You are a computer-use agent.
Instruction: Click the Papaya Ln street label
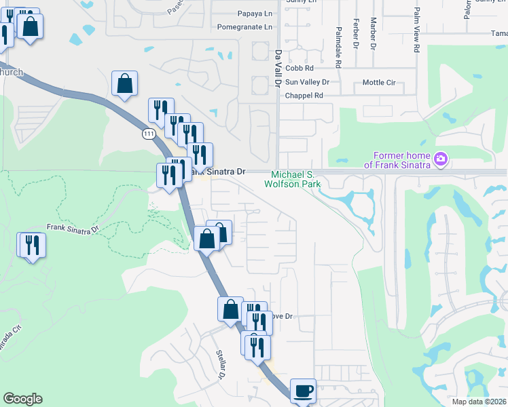pyautogui.click(x=254, y=14)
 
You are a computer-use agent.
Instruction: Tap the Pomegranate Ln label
pyautogui.click(x=244, y=27)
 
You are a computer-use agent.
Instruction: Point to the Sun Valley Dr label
pyautogui.click(x=307, y=82)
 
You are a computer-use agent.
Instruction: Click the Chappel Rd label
pyautogui.click(x=304, y=96)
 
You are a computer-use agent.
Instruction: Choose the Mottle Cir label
pyautogui.click(x=379, y=82)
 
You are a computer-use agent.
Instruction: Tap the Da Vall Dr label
pyautogui.click(x=278, y=67)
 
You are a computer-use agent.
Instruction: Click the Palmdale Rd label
pyautogui.click(x=338, y=42)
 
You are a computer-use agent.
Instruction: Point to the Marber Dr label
pyautogui.click(x=373, y=34)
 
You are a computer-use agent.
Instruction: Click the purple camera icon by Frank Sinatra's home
pyautogui.click(x=441, y=159)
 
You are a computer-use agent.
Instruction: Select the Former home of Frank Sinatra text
pyautogui.click(x=398, y=160)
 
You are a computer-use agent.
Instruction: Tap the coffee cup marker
pyautogui.click(x=303, y=391)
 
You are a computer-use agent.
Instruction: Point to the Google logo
pyautogui.click(x=22, y=399)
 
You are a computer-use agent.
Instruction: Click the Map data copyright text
pyautogui.click(x=479, y=402)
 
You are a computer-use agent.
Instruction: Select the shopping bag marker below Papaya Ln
pyautogui.click(x=125, y=84)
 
